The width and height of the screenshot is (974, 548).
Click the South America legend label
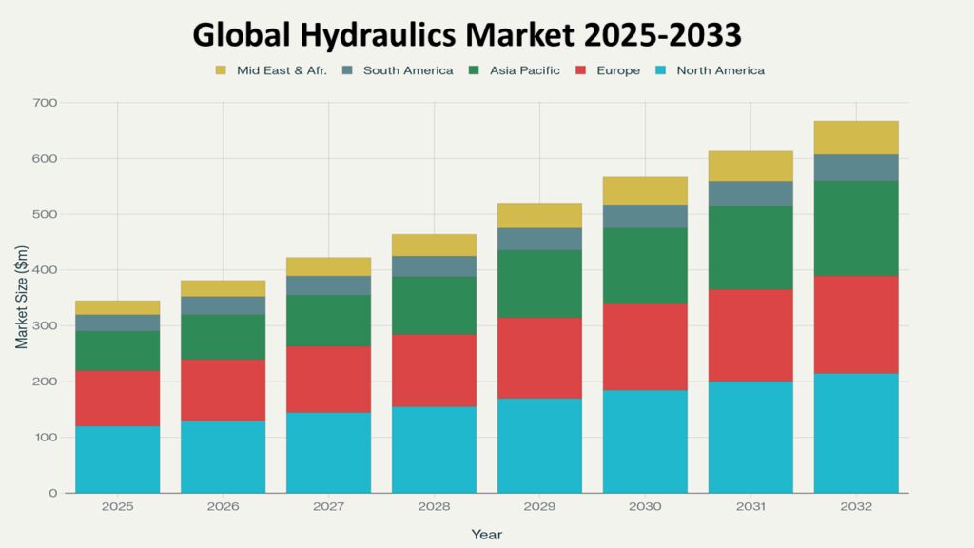pyautogui.click(x=408, y=70)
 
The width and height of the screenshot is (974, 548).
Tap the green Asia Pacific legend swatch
pyautogui.click(x=475, y=70)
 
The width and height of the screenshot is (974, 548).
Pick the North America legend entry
pyautogui.click(x=720, y=70)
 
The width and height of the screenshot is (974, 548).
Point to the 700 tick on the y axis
pyautogui.click(x=45, y=103)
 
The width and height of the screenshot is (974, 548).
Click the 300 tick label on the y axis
pyautogui.click(x=45, y=326)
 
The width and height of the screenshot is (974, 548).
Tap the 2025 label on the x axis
pyautogui.click(x=118, y=507)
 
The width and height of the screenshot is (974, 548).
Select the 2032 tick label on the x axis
pyautogui.click(x=856, y=507)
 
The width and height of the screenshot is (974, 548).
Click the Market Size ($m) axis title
pyautogui.click(x=21, y=298)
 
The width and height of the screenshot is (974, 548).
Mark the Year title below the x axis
pyautogui.click(x=487, y=535)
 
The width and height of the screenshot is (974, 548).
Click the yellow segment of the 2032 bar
pyautogui.click(x=856, y=137)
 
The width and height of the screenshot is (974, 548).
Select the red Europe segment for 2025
pyautogui.click(x=118, y=398)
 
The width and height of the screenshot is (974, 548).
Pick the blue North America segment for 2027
pyautogui.click(x=329, y=453)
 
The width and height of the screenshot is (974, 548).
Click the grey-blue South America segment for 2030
pyautogui.click(x=645, y=216)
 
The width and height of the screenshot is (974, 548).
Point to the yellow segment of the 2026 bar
pyautogui.click(x=224, y=288)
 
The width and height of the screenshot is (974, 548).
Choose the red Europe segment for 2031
pyautogui.click(x=750, y=335)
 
